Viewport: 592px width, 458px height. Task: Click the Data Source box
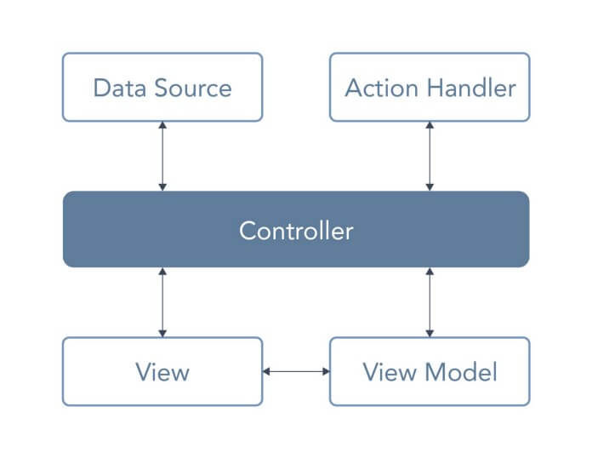(162, 87)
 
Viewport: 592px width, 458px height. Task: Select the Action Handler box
(430, 87)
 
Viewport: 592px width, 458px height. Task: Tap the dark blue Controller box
(296, 229)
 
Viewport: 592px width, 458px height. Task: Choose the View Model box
(430, 371)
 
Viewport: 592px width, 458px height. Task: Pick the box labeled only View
(162, 371)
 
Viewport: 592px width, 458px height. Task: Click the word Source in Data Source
(193, 88)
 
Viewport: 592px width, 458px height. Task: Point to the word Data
(119, 88)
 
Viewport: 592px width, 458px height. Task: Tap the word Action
(381, 88)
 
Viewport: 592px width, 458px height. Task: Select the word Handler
(471, 88)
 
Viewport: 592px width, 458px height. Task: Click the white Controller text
(296, 231)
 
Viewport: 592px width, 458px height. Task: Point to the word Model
(461, 372)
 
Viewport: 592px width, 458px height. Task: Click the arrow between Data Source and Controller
(162, 156)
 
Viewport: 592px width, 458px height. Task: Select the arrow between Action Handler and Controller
(430, 156)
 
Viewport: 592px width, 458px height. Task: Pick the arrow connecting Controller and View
(162, 302)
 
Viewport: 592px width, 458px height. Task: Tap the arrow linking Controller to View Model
(430, 302)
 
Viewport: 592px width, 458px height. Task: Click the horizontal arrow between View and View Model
(296, 371)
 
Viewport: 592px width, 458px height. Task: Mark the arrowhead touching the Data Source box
(162, 125)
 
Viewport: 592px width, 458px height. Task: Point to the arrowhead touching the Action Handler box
(430, 125)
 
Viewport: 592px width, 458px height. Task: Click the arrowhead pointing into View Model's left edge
(327, 371)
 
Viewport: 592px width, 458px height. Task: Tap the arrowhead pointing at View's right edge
(266, 371)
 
